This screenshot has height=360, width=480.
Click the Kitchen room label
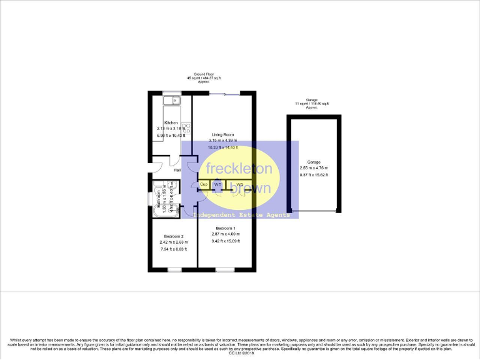click(x=171, y=122)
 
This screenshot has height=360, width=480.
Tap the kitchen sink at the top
click(x=171, y=99)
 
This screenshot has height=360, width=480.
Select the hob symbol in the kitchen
click(x=186, y=128)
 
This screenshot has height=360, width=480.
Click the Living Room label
click(x=222, y=134)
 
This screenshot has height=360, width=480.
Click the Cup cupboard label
click(x=204, y=184)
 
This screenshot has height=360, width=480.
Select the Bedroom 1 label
click(x=225, y=227)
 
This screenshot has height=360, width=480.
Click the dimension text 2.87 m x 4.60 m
click(x=225, y=234)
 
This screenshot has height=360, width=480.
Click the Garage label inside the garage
click(x=313, y=161)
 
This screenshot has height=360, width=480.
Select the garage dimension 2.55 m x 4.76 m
click(x=313, y=167)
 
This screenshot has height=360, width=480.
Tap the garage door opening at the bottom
click(x=313, y=211)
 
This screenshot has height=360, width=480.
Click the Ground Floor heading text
click(x=204, y=74)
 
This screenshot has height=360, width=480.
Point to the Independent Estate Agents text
click(x=241, y=215)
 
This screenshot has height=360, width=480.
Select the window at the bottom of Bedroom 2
click(x=174, y=269)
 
